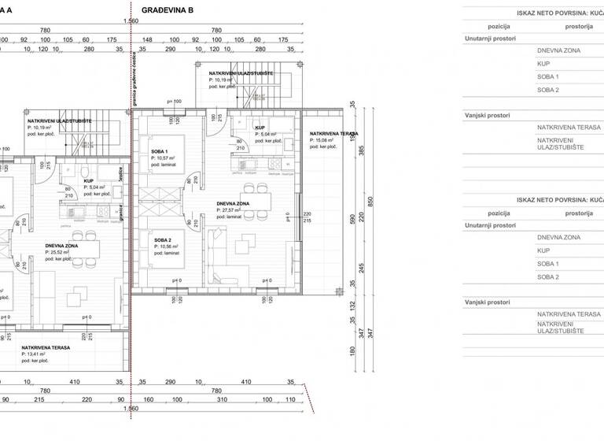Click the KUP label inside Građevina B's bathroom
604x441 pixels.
pos(259,127)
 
